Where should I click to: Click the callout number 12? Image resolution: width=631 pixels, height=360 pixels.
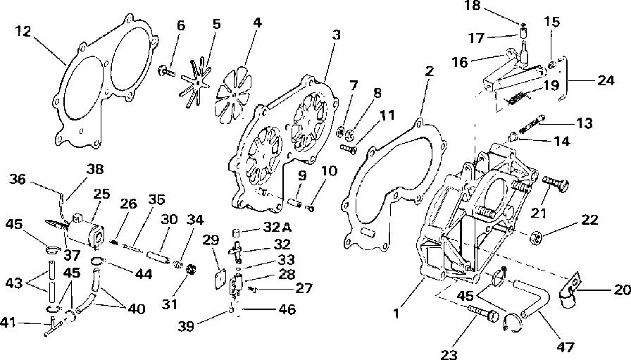[x=23, y=31]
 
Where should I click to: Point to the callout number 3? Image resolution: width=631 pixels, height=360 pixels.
[x=337, y=35]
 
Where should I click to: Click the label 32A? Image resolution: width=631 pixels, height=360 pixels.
[x=277, y=227]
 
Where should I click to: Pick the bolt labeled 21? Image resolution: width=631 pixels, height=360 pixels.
[x=556, y=183]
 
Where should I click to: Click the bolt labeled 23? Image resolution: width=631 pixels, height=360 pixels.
[x=483, y=314]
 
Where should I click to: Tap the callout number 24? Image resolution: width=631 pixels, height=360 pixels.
[x=606, y=80]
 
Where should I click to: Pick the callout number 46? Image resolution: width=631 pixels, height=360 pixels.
[x=287, y=309]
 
